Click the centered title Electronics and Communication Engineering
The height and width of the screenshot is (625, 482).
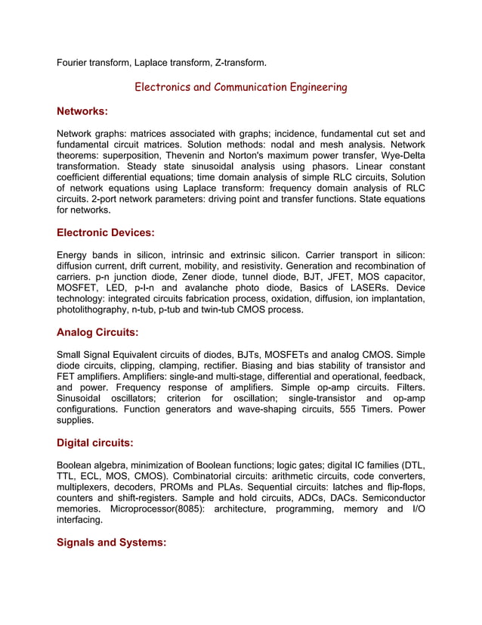coord(240,88)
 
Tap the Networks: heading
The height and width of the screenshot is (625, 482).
coord(82,112)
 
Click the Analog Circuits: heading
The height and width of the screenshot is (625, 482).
coord(97,331)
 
